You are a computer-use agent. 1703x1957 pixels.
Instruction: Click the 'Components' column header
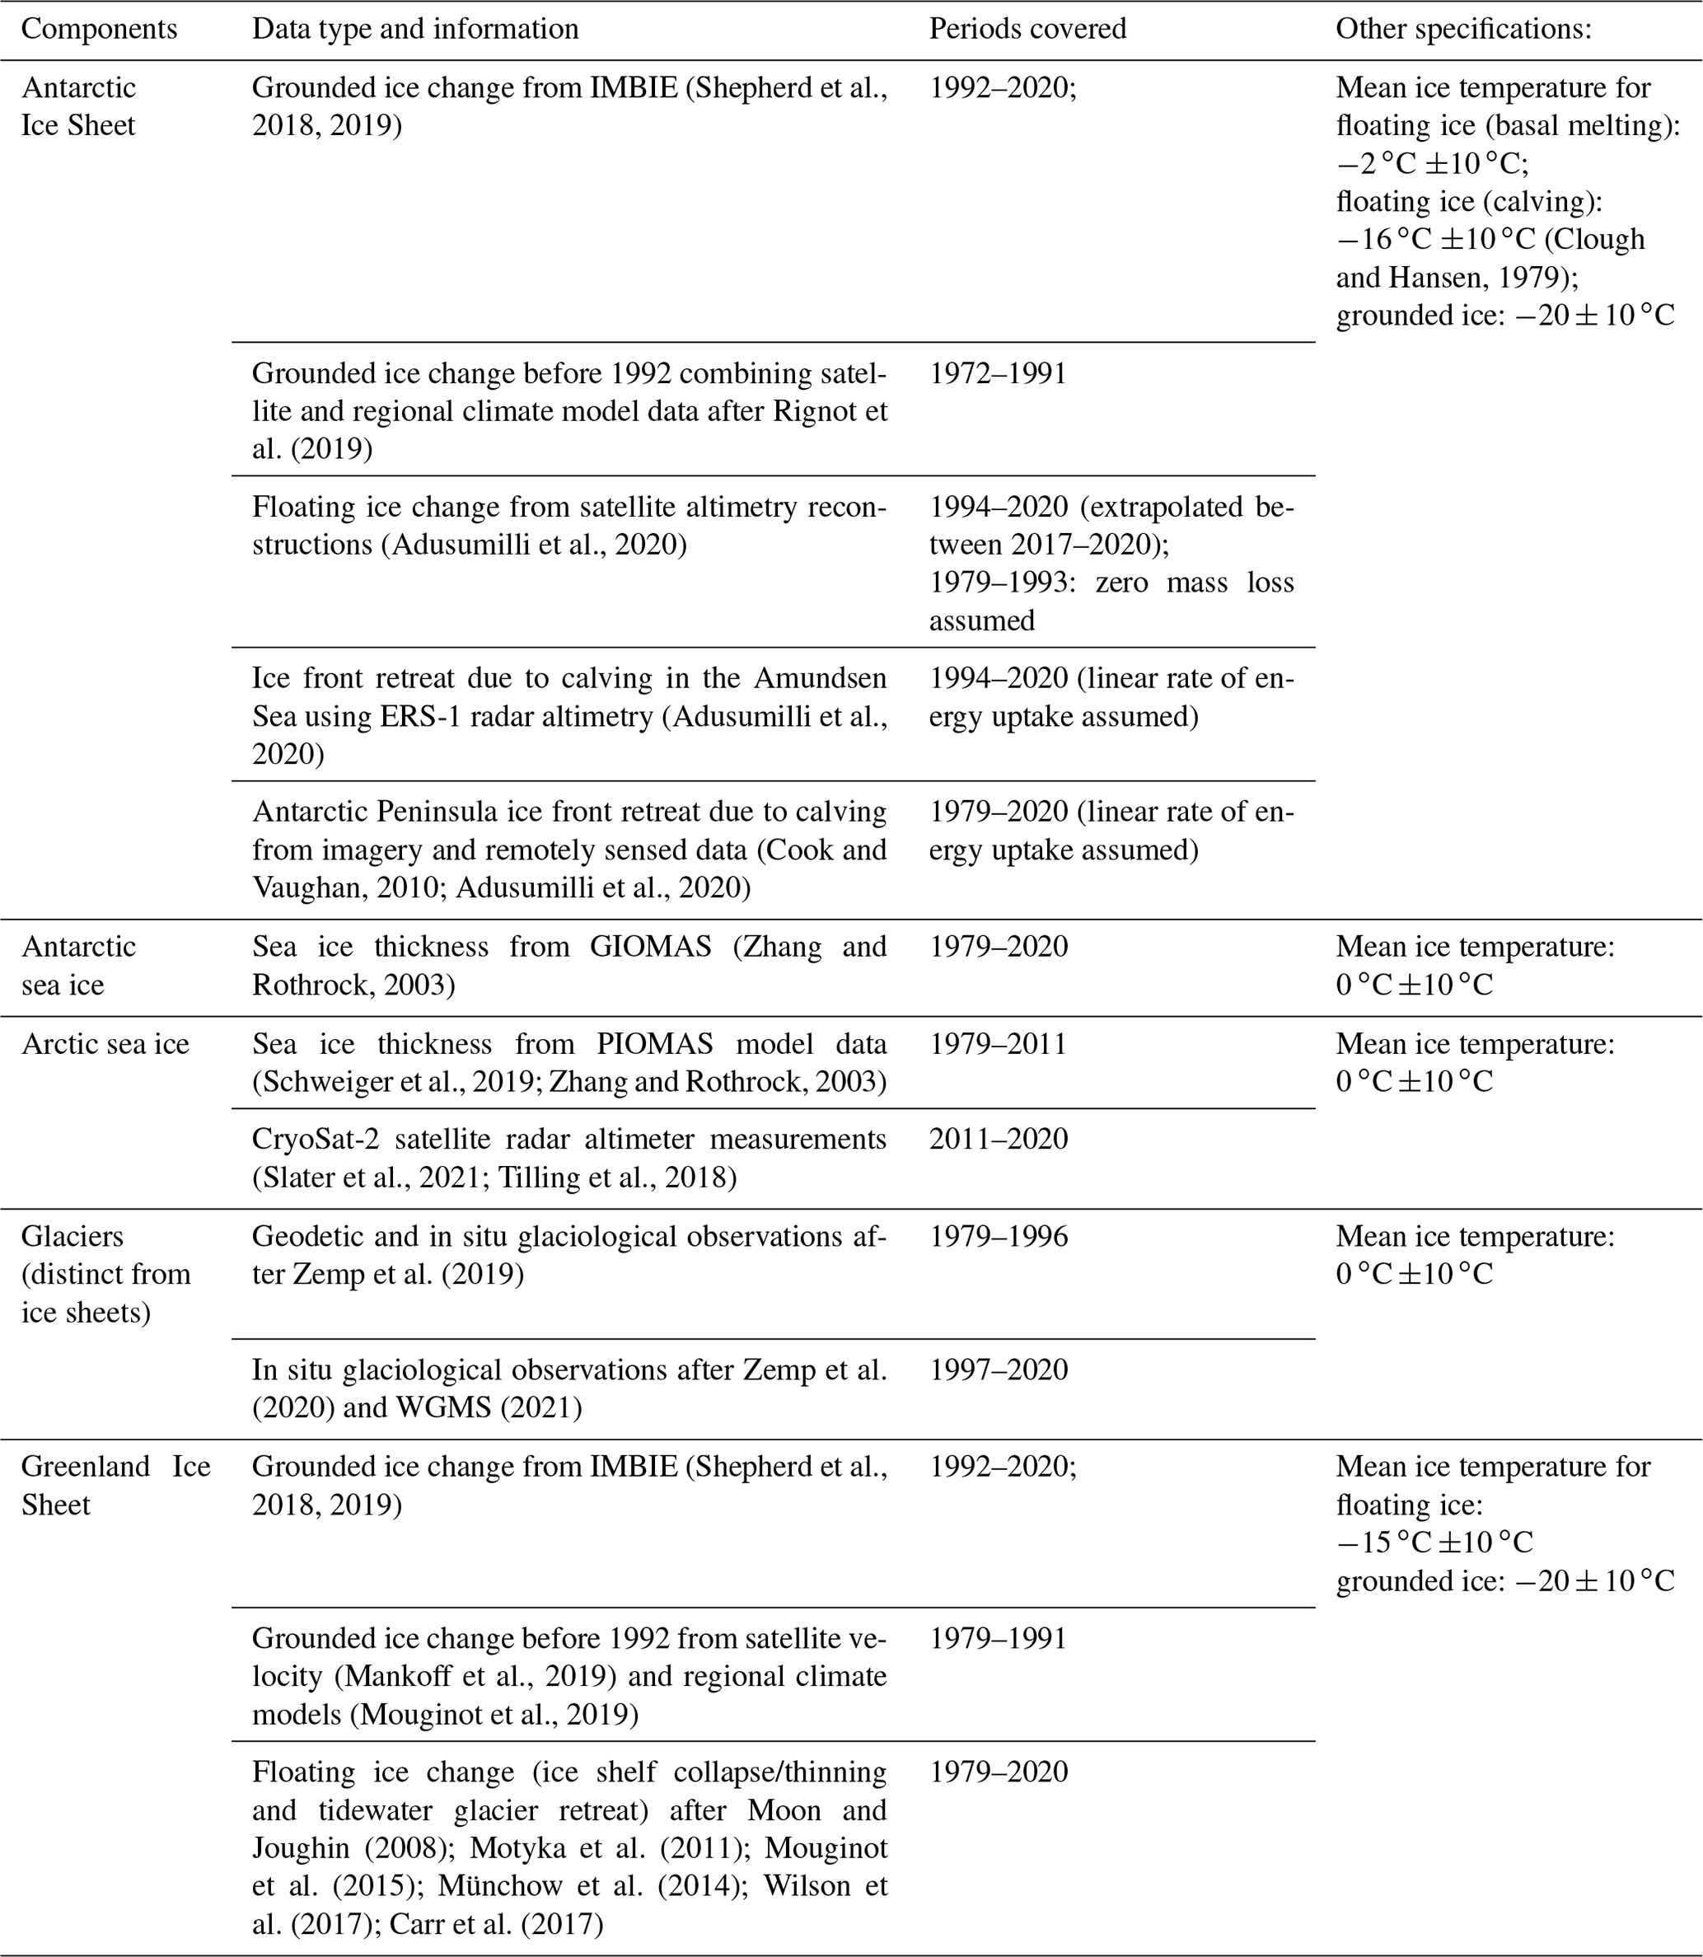click(99, 30)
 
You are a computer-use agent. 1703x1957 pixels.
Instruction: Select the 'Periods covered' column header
click(1027, 30)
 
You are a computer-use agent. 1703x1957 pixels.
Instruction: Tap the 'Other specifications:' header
click(1463, 30)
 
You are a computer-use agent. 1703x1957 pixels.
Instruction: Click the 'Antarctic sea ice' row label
click(78, 966)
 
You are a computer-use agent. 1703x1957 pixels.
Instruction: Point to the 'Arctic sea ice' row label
click(105, 1044)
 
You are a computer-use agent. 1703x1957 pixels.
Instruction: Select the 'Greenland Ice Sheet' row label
click(115, 1486)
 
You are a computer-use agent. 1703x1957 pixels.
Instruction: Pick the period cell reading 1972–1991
click(998, 373)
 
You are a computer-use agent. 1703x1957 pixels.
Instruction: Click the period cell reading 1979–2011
click(998, 1044)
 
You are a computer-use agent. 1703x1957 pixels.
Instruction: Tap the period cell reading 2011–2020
click(998, 1139)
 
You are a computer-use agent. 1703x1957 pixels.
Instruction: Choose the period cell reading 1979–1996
click(998, 1236)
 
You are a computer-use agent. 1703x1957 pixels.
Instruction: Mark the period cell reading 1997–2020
click(998, 1369)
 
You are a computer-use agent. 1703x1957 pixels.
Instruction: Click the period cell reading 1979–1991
click(998, 1639)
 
